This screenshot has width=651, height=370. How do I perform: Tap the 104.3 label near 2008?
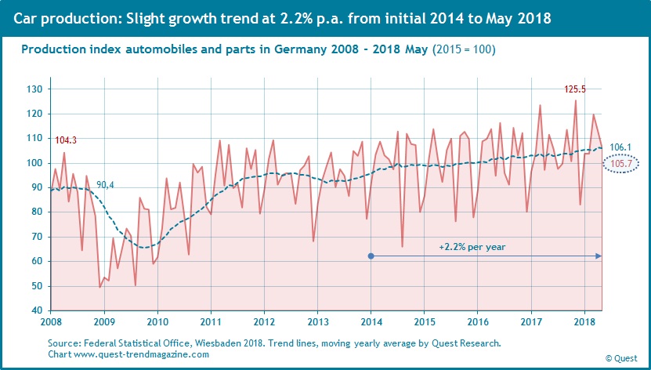(x=66, y=140)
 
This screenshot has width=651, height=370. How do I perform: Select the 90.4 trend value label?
(x=106, y=185)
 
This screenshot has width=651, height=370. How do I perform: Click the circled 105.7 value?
(x=619, y=164)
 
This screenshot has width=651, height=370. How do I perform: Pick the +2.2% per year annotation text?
(x=472, y=246)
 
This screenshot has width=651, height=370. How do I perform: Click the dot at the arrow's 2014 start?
(x=371, y=256)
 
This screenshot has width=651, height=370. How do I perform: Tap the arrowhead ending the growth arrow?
(x=599, y=256)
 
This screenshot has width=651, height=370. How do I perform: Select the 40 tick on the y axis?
(x=36, y=311)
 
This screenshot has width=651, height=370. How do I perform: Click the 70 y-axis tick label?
(x=36, y=237)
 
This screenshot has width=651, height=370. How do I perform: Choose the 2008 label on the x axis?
(x=51, y=322)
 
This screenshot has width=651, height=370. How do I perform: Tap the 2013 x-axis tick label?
(x=317, y=322)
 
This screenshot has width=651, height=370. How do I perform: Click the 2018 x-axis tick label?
(x=584, y=322)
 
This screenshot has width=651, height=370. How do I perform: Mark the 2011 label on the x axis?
(x=211, y=322)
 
